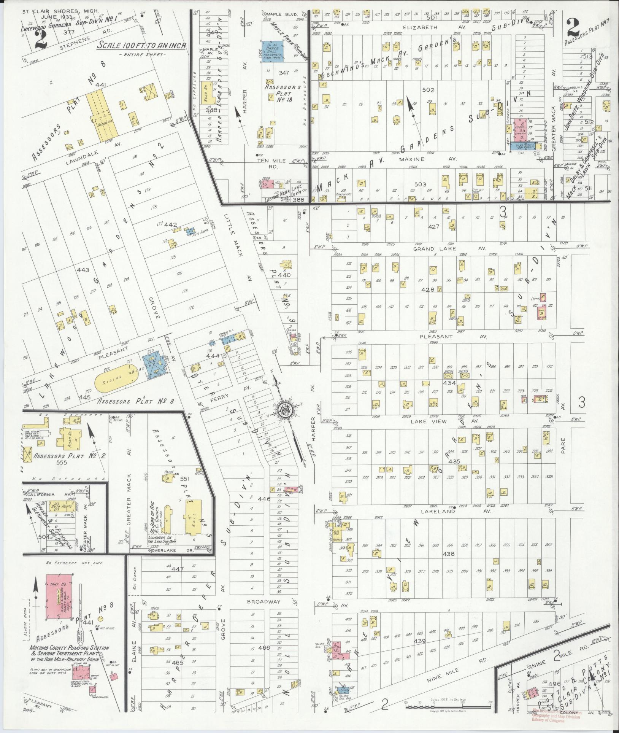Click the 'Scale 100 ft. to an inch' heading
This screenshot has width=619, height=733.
pyautogui.click(x=142, y=45)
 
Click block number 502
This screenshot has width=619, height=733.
pyautogui.click(x=428, y=90)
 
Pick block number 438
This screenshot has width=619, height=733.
pyautogui.click(x=449, y=554)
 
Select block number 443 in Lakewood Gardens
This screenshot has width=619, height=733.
pyautogui.click(x=83, y=270)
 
